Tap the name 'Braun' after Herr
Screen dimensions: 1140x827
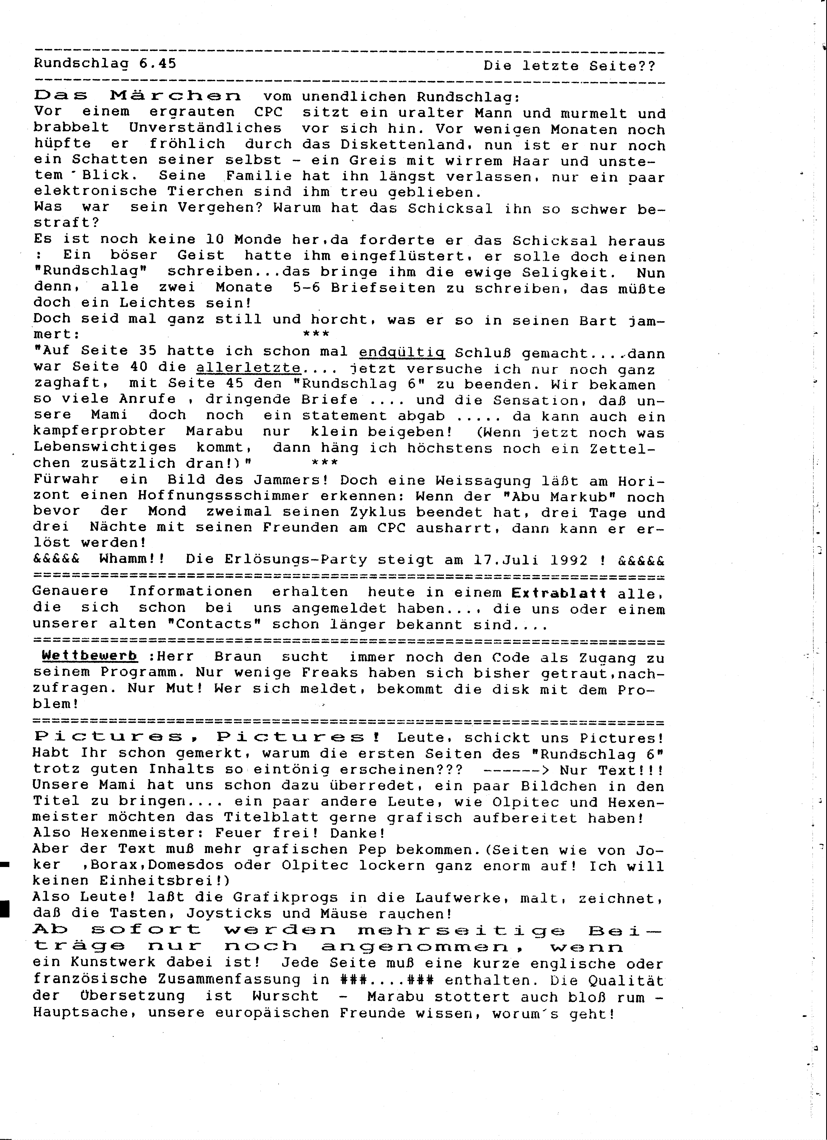(238, 656)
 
